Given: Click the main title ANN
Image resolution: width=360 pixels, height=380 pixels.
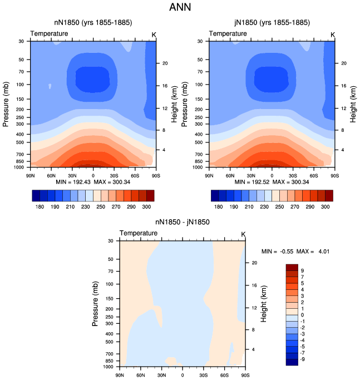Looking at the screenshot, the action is pyautogui.click(x=180, y=7).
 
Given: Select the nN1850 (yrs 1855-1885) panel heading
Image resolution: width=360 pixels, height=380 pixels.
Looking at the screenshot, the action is pyautogui.click(x=93, y=23).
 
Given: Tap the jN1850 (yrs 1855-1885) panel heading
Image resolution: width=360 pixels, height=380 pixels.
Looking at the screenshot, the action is pyautogui.click(x=272, y=23).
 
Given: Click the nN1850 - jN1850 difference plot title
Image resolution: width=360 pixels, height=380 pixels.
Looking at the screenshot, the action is pyautogui.click(x=183, y=222).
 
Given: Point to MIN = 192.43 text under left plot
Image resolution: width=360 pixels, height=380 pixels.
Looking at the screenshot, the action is pyautogui.click(x=73, y=182).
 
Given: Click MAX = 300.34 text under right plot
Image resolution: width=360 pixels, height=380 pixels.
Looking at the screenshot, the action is pyautogui.click(x=290, y=182).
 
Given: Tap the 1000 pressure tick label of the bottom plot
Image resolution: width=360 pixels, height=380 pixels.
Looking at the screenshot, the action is pyautogui.click(x=108, y=367).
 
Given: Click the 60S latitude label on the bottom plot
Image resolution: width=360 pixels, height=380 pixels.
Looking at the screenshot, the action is pyautogui.click(x=224, y=375).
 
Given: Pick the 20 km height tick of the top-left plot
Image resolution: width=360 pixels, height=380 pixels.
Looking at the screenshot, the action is pyautogui.click(x=165, y=63).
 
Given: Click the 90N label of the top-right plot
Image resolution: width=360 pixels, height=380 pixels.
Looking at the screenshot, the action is pyautogui.click(x=209, y=176).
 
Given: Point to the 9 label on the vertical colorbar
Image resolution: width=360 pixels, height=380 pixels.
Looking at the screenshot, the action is pyautogui.click(x=302, y=270).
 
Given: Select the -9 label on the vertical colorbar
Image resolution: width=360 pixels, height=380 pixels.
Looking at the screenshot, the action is pyautogui.click(x=302, y=359).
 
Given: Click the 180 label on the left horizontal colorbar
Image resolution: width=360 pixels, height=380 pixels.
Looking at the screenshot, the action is pyautogui.click(x=40, y=207).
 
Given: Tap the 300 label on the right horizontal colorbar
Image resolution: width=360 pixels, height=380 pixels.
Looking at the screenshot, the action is pyautogui.click(x=325, y=207).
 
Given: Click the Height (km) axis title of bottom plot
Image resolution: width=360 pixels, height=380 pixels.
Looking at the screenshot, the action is pyautogui.click(x=264, y=304).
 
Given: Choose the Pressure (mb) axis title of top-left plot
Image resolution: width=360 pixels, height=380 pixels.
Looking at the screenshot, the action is pyautogui.click(x=6, y=104).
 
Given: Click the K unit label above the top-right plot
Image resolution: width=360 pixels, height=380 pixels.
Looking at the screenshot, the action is pyautogui.click(x=333, y=35).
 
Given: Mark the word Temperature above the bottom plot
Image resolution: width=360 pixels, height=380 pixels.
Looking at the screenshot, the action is pyautogui.click(x=139, y=233).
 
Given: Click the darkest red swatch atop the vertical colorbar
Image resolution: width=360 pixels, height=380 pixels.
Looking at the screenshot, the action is pyautogui.click(x=292, y=267).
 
